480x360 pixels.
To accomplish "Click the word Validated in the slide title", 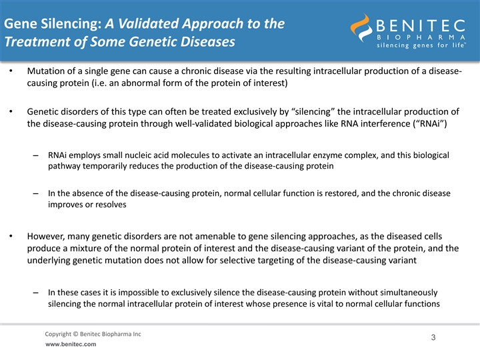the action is (149, 23).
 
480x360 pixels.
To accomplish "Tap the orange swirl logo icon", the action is (361, 27).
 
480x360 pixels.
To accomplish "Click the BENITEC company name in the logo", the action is (421, 26).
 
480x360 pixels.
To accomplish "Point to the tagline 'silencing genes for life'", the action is (421, 45).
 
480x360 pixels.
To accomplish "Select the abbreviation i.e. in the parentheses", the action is (100, 83).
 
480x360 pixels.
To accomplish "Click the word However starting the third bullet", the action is (46, 236).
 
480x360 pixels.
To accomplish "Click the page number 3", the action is (433, 337).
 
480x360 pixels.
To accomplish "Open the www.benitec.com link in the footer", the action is (71, 345).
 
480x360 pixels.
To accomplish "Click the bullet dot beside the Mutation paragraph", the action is (11, 71).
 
